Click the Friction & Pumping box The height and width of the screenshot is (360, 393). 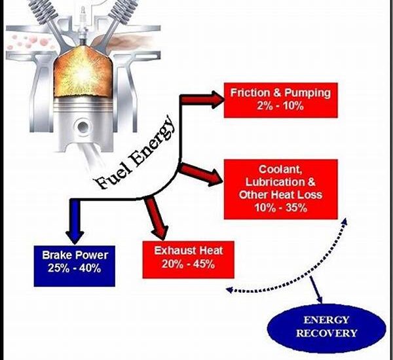tap(280, 99)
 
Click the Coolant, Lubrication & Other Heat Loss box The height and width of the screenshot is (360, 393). tap(280, 188)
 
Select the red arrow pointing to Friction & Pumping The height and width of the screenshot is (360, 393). tap(200, 99)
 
